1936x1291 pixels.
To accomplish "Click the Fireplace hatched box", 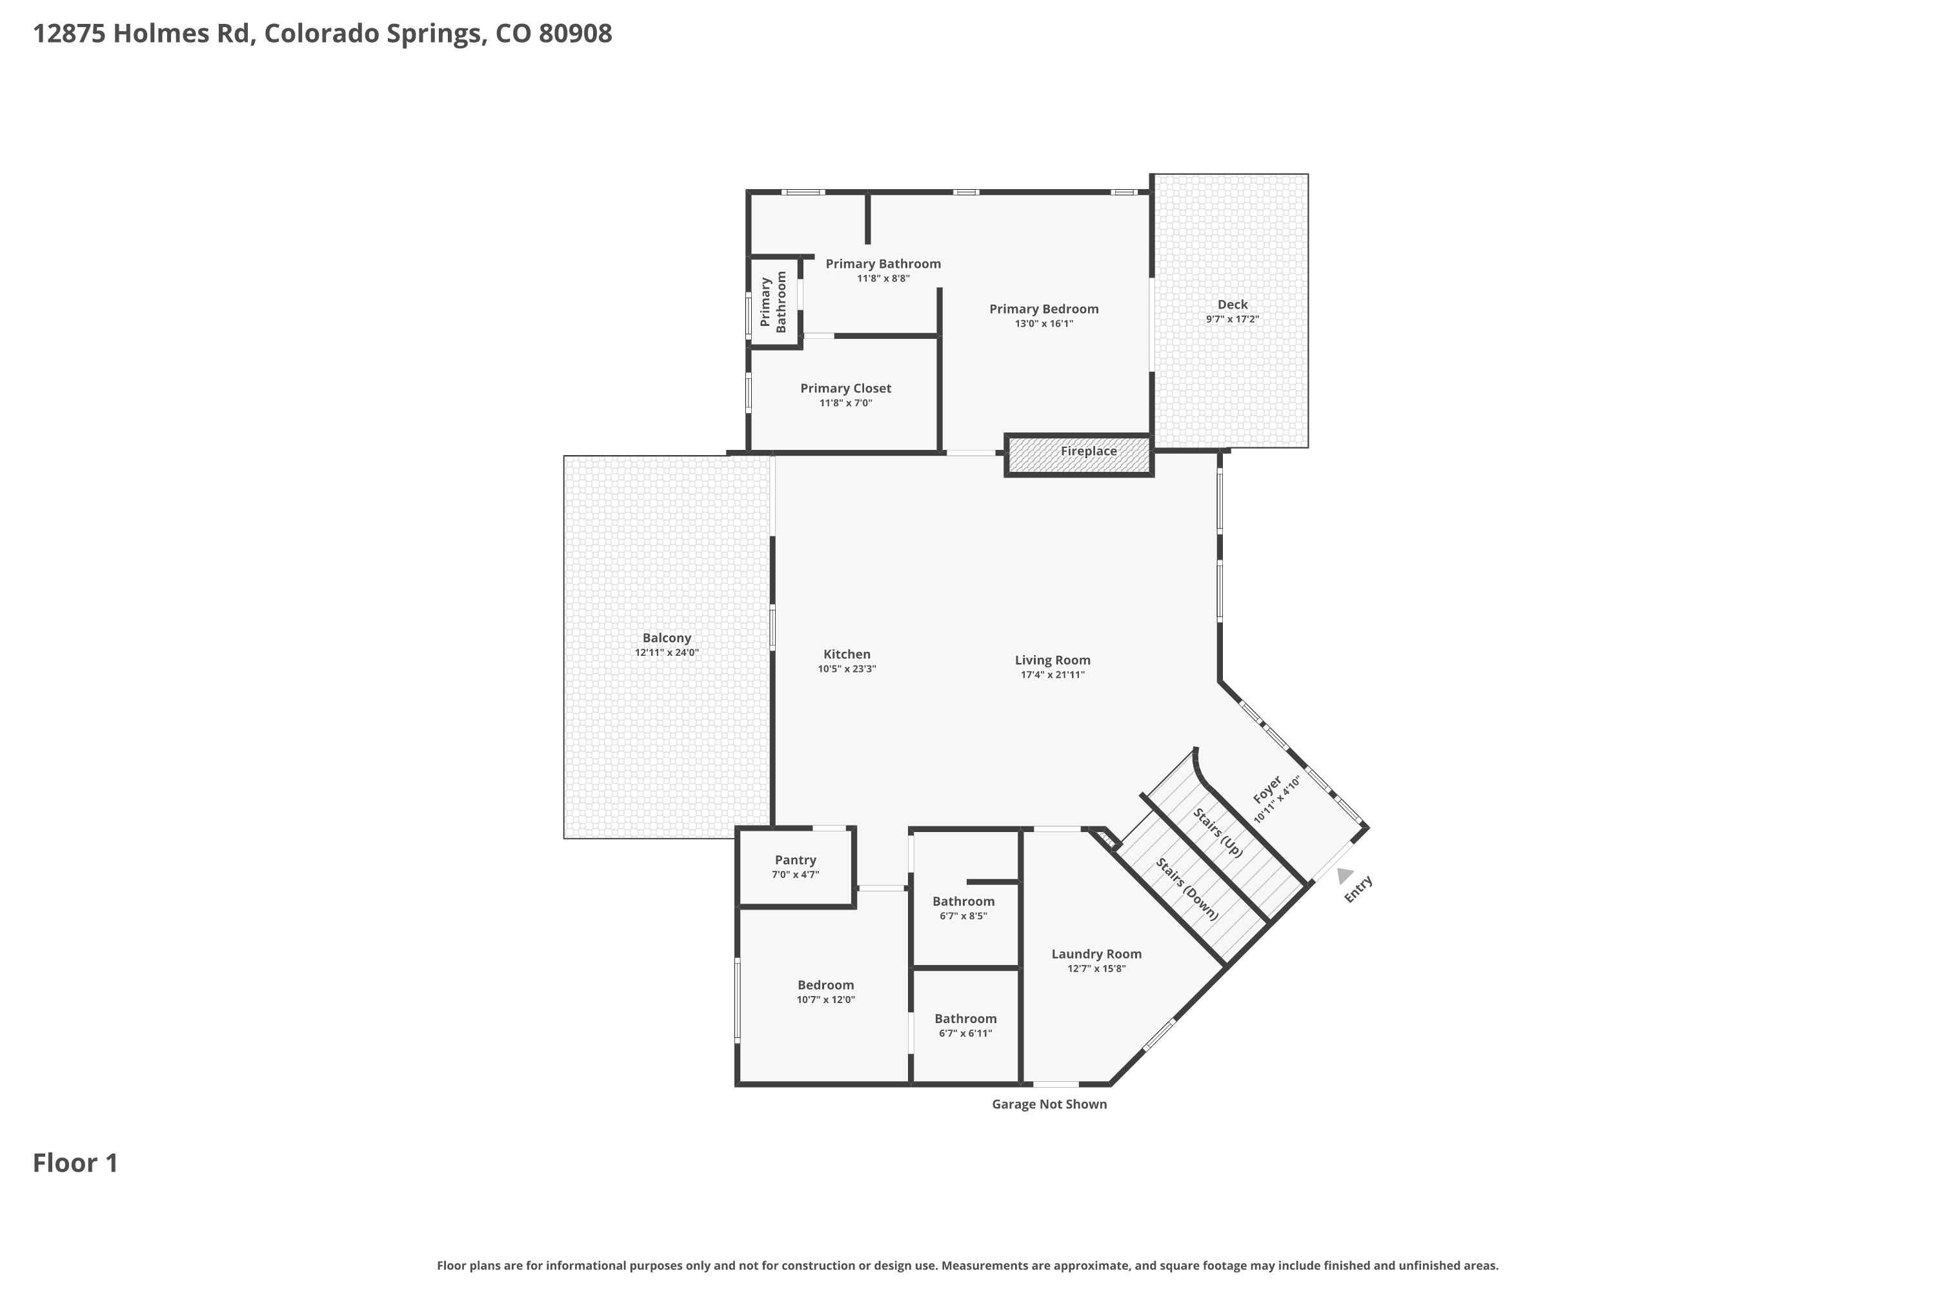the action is (x=1078, y=455).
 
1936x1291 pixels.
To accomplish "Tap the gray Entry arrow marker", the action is (x=1344, y=875).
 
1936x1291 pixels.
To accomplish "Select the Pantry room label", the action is (x=795, y=860).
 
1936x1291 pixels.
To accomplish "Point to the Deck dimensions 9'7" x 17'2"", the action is (x=1232, y=320).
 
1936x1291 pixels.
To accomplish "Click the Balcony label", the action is (x=667, y=638).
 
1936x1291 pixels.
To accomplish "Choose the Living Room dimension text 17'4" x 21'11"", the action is (x=1053, y=675).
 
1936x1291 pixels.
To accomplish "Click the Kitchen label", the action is (x=847, y=655).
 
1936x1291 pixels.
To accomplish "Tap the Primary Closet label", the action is (x=845, y=389).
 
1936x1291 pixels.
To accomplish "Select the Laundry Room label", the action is (x=1096, y=954).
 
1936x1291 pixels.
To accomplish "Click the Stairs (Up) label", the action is (x=1217, y=833).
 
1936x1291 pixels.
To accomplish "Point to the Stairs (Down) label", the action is (x=1187, y=889).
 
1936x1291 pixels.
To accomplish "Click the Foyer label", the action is (x=1267, y=789).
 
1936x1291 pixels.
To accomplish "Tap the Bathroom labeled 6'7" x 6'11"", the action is (x=965, y=1019).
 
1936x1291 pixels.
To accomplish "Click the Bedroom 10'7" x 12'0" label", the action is (x=825, y=986).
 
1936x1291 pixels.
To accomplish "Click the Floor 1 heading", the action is (x=76, y=1163).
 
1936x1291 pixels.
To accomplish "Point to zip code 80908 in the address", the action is (x=576, y=34).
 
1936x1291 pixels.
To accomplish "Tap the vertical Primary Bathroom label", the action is (x=774, y=302).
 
